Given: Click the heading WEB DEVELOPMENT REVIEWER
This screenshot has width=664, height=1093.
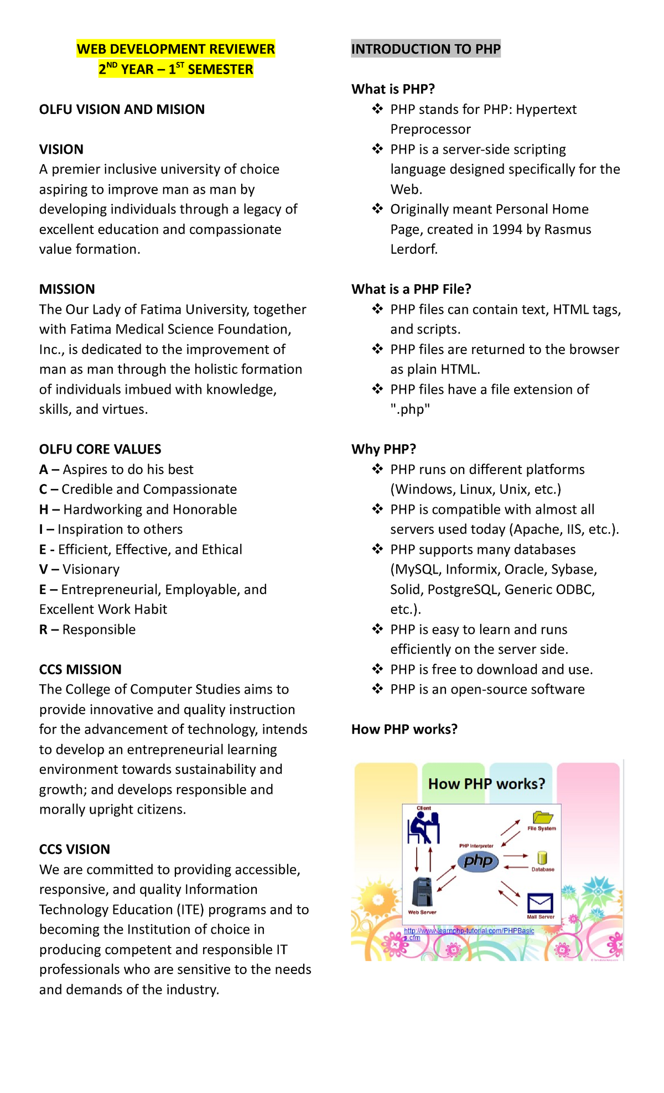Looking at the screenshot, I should point(175,49).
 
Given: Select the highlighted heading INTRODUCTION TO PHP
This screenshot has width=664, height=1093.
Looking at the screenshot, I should point(426,49).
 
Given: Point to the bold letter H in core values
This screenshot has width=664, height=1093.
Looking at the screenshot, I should point(44,509).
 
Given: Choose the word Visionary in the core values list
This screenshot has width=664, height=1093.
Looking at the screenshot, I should point(91,569).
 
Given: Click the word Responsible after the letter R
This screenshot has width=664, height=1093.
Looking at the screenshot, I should point(99,629).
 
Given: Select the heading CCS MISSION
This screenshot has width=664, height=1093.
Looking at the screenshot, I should point(80,669).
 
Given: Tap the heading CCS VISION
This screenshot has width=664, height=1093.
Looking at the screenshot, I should point(75,849).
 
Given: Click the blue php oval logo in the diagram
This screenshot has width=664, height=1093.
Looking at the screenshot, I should point(478,861).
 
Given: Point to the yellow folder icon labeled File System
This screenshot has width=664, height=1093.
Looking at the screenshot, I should point(542,818).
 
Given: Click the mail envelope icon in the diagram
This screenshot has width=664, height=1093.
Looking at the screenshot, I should point(539,903).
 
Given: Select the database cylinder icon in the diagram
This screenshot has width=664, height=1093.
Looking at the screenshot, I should point(542,858).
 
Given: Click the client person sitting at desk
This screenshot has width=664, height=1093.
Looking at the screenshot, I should point(423,828).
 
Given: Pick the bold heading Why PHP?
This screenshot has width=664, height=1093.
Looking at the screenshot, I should point(383,449).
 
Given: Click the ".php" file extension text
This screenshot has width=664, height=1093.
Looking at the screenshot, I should point(410,409).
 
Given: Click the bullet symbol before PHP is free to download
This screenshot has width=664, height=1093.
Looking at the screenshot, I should point(377,669).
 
